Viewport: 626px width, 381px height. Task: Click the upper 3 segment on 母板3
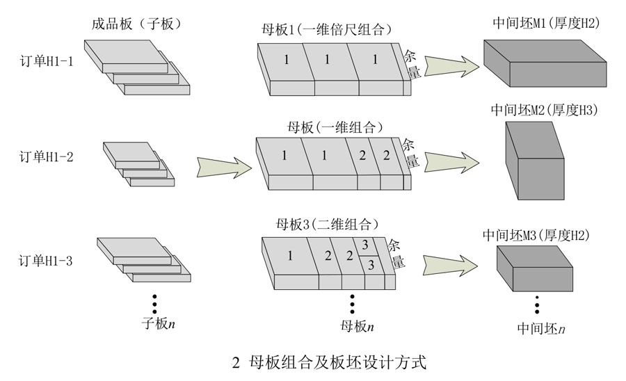coord(364,245)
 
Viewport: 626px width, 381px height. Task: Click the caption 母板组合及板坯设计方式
coord(335,362)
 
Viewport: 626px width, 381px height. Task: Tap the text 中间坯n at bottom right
coord(540,327)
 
